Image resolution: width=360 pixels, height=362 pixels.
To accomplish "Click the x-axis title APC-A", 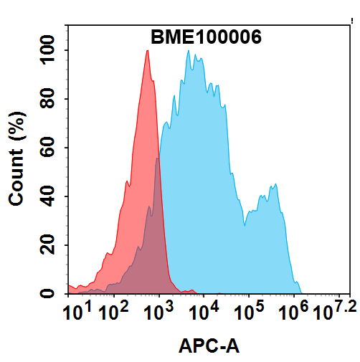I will coord(209,348).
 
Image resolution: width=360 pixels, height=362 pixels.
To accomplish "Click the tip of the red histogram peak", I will coord(147,51).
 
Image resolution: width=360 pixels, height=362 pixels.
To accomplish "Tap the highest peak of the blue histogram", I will coord(189,51).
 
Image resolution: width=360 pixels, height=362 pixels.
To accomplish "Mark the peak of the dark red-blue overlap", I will coord(157,159).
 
